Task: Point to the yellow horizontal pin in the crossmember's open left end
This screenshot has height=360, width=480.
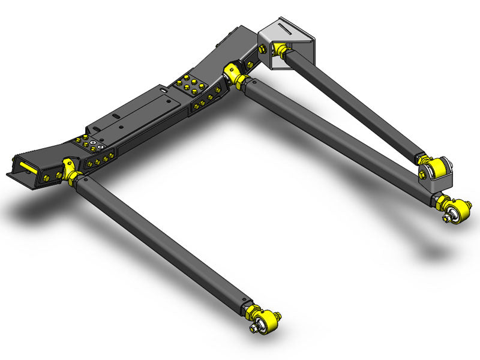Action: (x=26, y=167)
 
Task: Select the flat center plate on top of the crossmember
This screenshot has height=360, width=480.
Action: (x=138, y=114)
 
